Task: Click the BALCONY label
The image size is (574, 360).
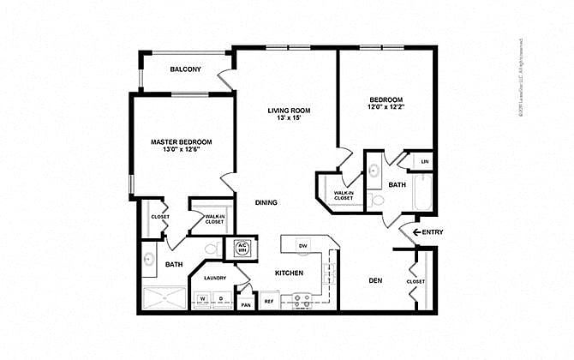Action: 185,69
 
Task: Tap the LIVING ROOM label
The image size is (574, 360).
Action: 289,111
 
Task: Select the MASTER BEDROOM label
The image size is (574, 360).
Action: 181,141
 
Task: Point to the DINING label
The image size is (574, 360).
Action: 265,202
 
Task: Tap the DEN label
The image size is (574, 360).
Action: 374,280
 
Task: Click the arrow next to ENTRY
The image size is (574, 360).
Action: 417,232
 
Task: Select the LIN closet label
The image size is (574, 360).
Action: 424,162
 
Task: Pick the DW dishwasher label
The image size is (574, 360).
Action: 302,246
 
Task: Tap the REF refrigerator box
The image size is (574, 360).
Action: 268,302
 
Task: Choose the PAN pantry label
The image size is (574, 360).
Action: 245,304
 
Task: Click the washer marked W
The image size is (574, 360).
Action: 203,299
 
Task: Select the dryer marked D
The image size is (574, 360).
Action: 220,299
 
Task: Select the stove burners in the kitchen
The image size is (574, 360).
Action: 302,300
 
